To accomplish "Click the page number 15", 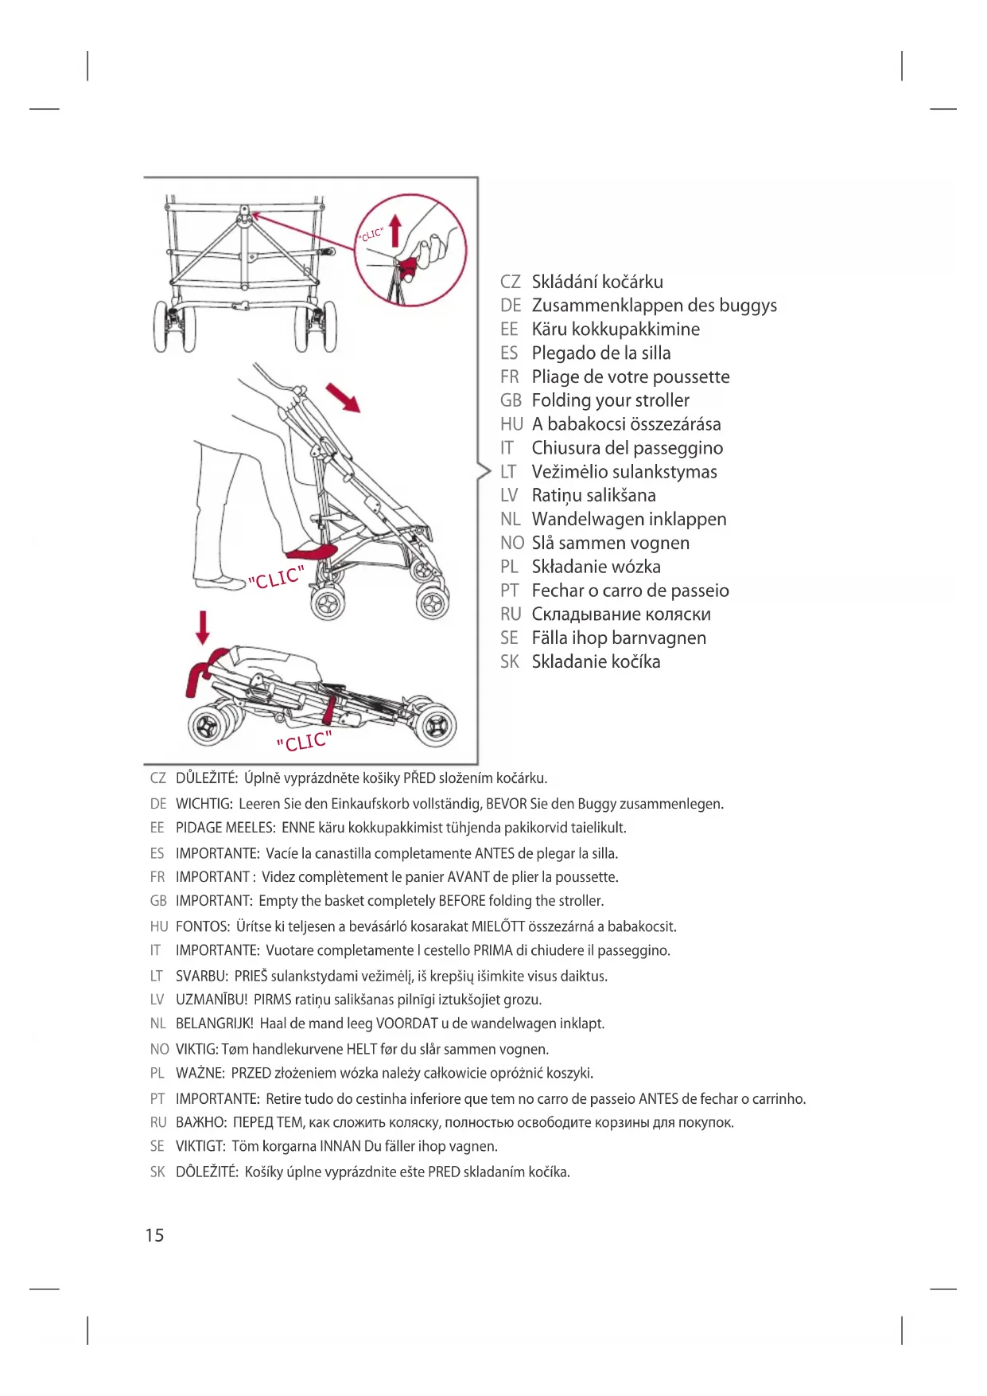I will pyautogui.click(x=154, y=1234).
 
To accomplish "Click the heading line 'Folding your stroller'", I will pyautogui.click(x=610, y=400).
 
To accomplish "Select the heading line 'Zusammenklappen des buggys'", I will pyautogui.click(x=654, y=306).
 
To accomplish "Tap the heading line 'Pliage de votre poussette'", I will pyautogui.click(x=630, y=376).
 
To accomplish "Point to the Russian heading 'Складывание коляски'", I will pyautogui.click(x=621, y=614).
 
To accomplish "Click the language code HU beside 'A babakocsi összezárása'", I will pyautogui.click(x=511, y=424).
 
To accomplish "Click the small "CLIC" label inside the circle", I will pyautogui.click(x=371, y=234).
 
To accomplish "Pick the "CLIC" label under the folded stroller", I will pyautogui.click(x=304, y=742).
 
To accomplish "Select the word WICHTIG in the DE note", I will pyautogui.click(x=204, y=804).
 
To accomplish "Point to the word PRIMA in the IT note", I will pyautogui.click(x=492, y=950).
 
